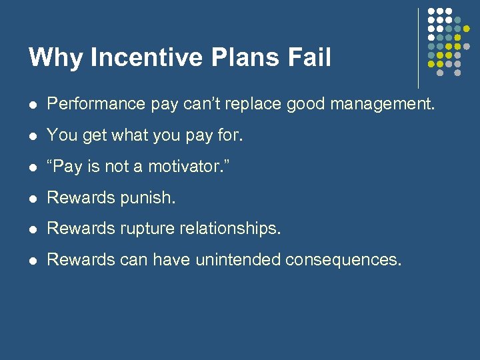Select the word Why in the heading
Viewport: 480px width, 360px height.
tap(56, 57)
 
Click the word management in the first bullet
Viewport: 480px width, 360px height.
tap(377, 104)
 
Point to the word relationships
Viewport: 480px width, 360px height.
tap(228, 229)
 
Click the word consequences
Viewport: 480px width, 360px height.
tap(343, 260)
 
